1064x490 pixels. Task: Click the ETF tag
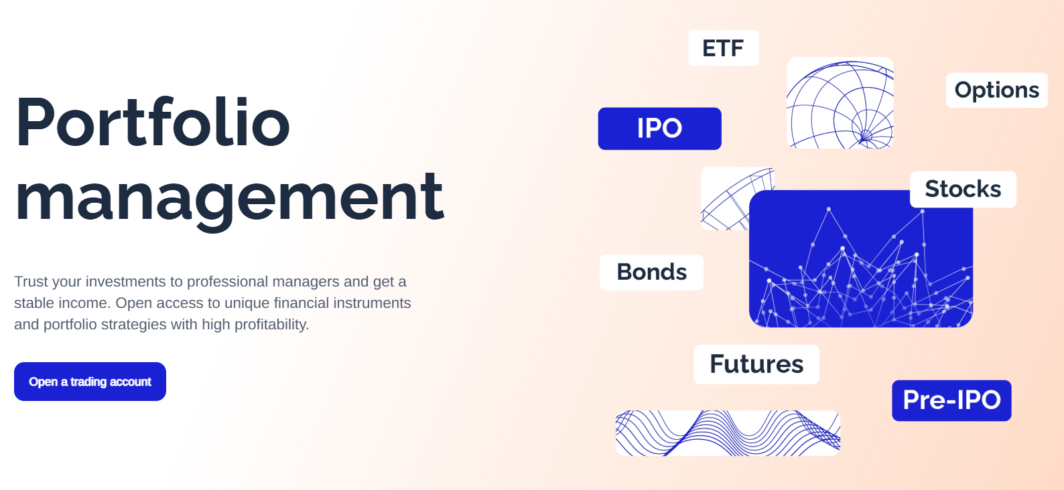pyautogui.click(x=723, y=48)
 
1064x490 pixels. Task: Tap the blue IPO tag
pyautogui.click(x=659, y=129)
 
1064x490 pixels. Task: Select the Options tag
pyautogui.click(x=996, y=90)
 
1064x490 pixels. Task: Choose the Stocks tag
pyautogui.click(x=963, y=189)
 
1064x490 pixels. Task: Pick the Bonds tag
pyautogui.click(x=651, y=272)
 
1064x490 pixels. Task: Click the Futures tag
pyautogui.click(x=756, y=364)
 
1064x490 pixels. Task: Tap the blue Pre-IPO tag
pyautogui.click(x=951, y=400)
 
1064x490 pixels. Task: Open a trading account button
pyautogui.click(x=90, y=382)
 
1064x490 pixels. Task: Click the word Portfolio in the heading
pyautogui.click(x=153, y=123)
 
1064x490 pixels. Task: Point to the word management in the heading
pyautogui.click(x=229, y=197)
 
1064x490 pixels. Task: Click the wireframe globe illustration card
pyautogui.click(x=840, y=103)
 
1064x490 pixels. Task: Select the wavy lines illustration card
pyautogui.click(x=728, y=433)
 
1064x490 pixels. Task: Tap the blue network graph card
pyautogui.click(x=861, y=258)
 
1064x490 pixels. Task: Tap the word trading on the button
pyautogui.click(x=88, y=382)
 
